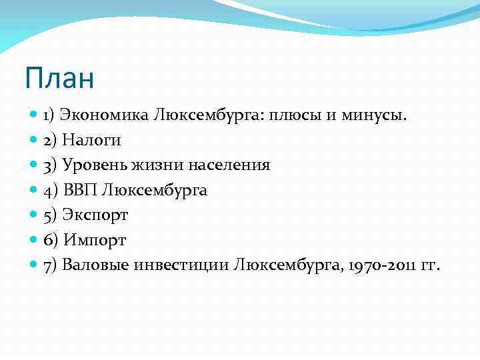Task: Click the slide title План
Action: [59, 79]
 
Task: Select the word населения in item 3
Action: [225, 165]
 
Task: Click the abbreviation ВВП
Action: [81, 191]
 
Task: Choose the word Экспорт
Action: [95, 215]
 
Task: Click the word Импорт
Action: [94, 240]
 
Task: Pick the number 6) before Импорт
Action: [51, 240]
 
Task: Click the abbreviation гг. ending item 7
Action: [430, 265]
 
